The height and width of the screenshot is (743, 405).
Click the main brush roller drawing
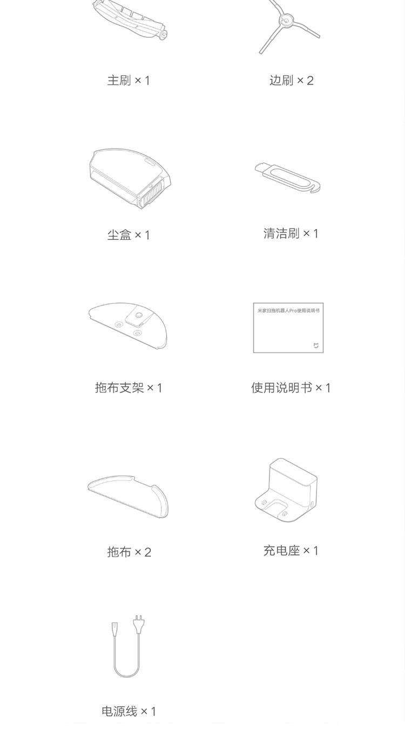coord(130,20)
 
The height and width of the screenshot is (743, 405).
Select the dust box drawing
coord(130,178)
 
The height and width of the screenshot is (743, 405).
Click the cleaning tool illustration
coord(288,177)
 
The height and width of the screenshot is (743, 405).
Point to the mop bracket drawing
coord(128,326)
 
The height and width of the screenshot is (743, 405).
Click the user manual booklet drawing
coord(288,328)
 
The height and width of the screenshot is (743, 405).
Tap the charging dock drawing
coord(286,490)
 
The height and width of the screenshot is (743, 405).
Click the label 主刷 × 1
coord(129,80)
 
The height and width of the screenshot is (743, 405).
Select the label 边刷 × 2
coord(292,80)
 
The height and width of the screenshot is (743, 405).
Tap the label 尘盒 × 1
coord(129,235)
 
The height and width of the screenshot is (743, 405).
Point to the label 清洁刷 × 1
coord(291,233)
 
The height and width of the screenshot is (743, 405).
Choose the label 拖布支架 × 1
coord(129,388)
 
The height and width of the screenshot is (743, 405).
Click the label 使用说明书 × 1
coord(291,388)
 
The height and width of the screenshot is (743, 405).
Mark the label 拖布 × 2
coord(129,552)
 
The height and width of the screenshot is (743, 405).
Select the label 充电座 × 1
coord(291,551)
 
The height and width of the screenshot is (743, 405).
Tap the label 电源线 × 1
coord(129,711)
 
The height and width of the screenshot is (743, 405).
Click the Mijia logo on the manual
coord(316,346)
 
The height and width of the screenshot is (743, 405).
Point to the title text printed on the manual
coord(288,311)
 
